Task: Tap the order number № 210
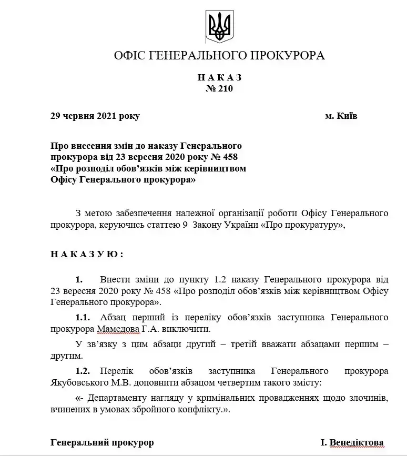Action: pyautogui.click(x=219, y=88)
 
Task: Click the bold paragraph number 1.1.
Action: pyautogui.click(x=83, y=317)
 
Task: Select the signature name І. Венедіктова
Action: pyautogui.click(x=352, y=442)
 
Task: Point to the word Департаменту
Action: pyautogui.click(x=123, y=398)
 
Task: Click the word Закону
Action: pyautogui.click(x=209, y=225)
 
